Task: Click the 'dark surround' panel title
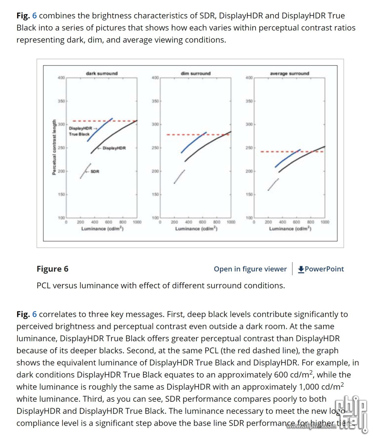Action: click(102, 73)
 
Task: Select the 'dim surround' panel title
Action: click(195, 73)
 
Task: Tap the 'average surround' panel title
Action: click(289, 73)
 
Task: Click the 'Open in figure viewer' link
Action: click(250, 269)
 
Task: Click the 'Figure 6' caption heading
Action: click(53, 269)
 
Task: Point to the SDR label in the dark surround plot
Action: click(95, 171)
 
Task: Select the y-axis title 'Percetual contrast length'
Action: click(54, 147)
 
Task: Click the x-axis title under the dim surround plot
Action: click(195, 228)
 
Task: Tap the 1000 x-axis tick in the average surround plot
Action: click(325, 222)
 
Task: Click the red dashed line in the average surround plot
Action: click(274, 152)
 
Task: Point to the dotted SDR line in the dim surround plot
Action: click(179, 176)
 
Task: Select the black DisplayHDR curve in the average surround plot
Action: click(301, 157)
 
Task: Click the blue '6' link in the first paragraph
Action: click(34, 16)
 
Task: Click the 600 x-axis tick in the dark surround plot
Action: click(108, 222)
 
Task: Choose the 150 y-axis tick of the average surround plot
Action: click(249, 195)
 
